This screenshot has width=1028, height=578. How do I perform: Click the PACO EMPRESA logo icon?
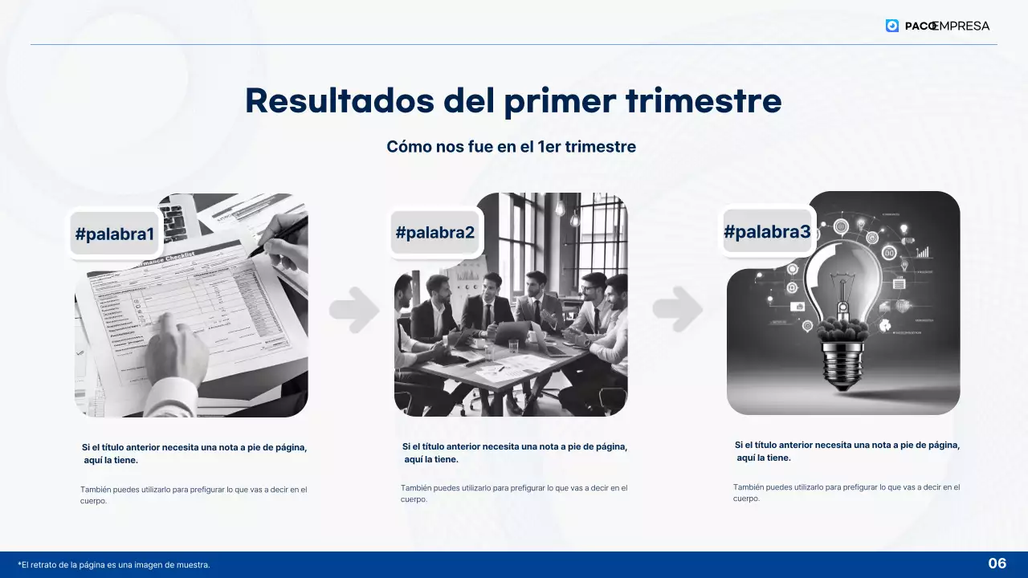tap(892, 26)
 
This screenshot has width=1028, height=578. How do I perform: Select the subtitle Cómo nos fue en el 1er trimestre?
tap(511, 147)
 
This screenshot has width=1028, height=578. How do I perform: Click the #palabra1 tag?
tap(114, 234)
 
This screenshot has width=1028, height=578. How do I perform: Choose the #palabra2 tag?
tap(435, 233)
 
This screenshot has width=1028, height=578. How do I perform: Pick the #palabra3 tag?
tap(767, 232)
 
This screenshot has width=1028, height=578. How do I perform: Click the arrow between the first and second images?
tap(353, 309)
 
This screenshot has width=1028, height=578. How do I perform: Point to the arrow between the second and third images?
tap(677, 309)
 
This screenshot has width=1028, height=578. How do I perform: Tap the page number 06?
tap(997, 564)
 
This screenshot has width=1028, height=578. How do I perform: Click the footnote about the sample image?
tap(114, 565)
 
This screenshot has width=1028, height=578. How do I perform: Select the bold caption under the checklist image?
tap(194, 454)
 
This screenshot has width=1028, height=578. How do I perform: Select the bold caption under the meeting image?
tap(515, 453)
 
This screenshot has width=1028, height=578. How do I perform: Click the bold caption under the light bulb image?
tap(847, 451)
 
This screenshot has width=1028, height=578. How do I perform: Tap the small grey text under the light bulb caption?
tap(846, 492)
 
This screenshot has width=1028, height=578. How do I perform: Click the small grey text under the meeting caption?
tap(514, 493)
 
